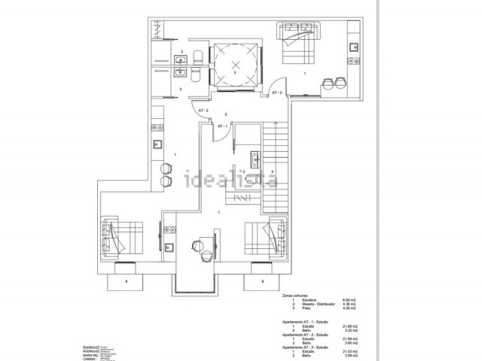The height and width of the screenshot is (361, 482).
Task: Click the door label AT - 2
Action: (203, 111)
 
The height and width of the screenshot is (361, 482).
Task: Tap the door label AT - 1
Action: (222, 126)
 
